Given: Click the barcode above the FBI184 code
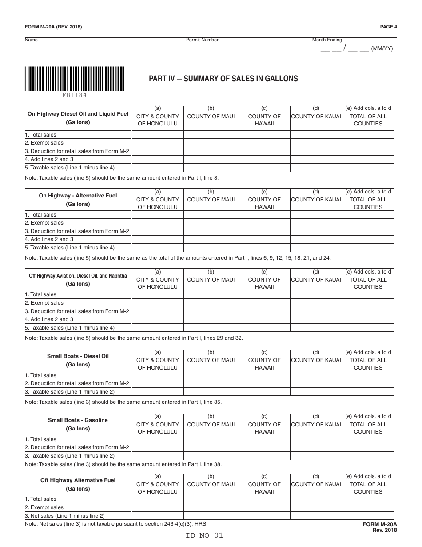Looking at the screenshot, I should pos(74,79).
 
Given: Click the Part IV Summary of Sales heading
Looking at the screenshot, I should pos(223,79).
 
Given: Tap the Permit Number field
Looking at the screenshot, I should pos(247,46).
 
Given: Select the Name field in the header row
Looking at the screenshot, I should pos(104,46).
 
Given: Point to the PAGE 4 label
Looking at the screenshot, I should pos(388,27).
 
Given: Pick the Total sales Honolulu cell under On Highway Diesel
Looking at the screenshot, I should pos(157,135).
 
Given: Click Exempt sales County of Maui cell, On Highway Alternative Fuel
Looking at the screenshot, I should pos(211,223).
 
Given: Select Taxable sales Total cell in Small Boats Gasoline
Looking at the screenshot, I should pos(368,456).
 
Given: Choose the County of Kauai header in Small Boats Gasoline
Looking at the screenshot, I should pos(316,424).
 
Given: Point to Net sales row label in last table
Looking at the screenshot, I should pos(64,516).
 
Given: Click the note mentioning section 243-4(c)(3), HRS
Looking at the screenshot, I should pos(116,524).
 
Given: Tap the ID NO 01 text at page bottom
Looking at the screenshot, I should pos(204,535).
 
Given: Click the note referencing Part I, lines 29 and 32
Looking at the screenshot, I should pos(134,338).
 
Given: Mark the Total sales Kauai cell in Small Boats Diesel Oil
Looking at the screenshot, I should pos(316,375).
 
